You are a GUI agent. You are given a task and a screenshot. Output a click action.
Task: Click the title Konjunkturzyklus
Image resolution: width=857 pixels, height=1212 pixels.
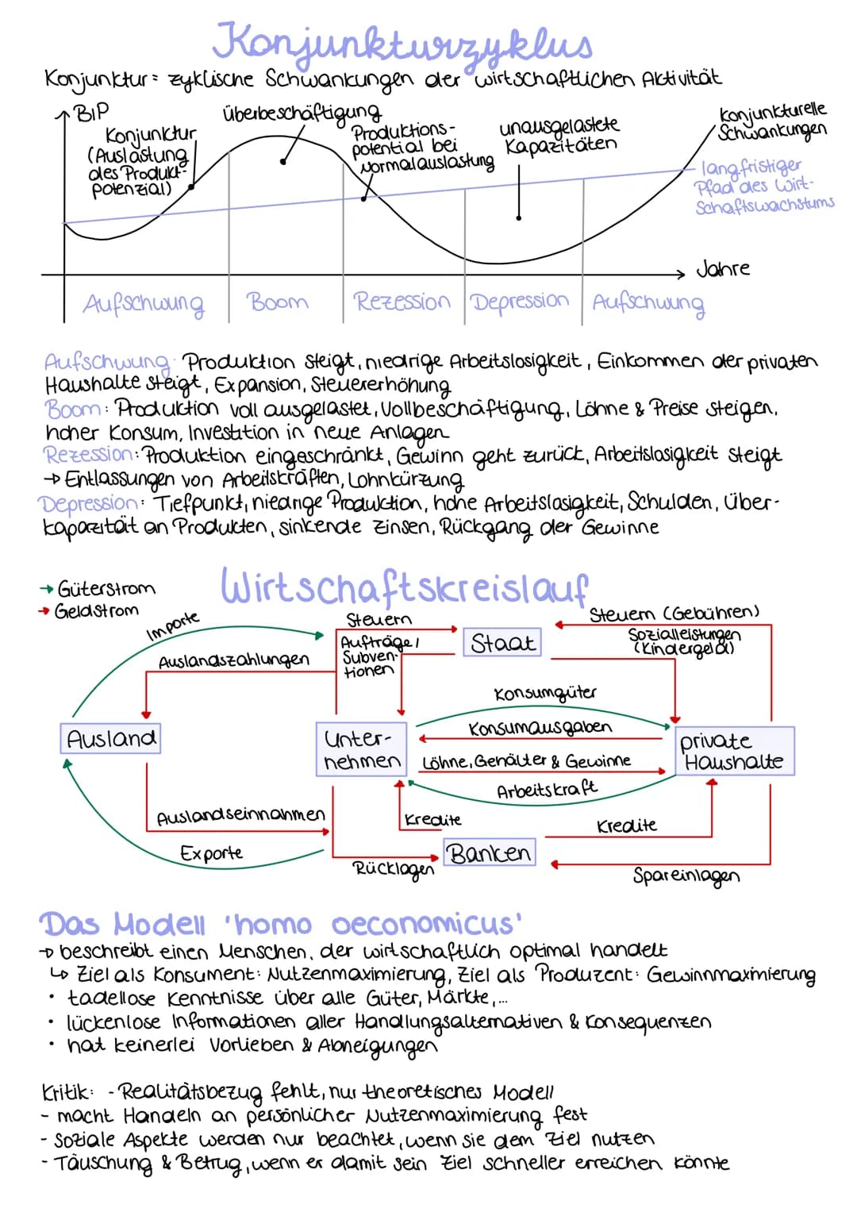(403, 41)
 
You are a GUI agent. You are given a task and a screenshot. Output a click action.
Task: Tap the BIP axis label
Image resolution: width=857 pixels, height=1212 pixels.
(93, 112)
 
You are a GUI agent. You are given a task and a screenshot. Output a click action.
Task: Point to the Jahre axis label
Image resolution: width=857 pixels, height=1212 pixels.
(722, 268)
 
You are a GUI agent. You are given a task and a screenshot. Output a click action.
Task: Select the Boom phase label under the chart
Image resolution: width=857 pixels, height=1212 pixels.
(277, 302)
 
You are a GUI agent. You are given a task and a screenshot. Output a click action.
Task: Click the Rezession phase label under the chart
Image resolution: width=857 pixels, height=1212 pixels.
(402, 302)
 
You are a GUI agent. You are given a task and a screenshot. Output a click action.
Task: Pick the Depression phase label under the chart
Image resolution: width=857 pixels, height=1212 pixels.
(520, 302)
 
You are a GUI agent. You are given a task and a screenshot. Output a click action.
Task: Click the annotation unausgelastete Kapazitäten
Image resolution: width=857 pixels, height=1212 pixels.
(559, 136)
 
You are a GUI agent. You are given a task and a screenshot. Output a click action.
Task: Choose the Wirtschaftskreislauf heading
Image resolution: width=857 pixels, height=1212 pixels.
(403, 587)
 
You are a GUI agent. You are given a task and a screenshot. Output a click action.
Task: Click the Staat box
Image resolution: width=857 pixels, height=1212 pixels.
(502, 642)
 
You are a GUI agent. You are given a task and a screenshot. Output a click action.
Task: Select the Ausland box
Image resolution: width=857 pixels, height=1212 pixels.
(111, 739)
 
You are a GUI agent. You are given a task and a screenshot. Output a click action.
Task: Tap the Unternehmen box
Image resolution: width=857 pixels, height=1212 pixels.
(362, 749)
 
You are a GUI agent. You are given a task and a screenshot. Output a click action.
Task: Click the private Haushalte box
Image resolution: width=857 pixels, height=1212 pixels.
(733, 751)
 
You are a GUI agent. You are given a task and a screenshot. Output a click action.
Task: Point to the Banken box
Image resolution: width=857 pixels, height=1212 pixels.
(489, 853)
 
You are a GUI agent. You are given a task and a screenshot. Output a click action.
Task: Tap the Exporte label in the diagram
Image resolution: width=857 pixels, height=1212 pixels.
(211, 853)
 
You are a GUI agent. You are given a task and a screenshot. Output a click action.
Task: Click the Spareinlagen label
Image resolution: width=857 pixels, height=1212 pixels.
(686, 875)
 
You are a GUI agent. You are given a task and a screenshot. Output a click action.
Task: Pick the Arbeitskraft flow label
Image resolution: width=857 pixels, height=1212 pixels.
(546, 790)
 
